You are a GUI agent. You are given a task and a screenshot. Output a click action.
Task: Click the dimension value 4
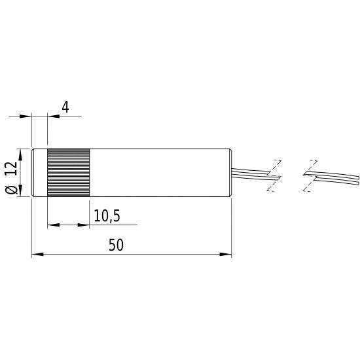65,107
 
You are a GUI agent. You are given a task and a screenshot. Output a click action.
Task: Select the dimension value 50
117,245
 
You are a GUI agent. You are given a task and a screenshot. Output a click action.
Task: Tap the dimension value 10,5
107,215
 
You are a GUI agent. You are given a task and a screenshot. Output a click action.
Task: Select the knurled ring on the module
68,173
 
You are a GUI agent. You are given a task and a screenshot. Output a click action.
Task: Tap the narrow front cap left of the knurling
39,173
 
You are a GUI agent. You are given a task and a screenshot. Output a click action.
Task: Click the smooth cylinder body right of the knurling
160,173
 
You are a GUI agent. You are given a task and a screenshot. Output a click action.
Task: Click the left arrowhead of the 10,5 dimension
52,225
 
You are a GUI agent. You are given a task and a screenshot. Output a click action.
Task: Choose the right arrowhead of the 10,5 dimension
85,225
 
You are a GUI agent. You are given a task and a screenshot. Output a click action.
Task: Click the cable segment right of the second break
334,177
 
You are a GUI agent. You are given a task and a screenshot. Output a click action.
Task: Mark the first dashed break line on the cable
274,175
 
